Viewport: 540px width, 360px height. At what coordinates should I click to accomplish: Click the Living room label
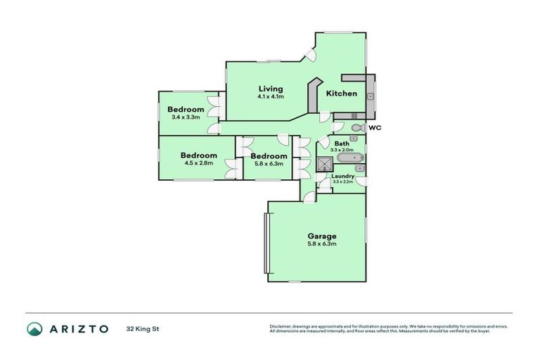coord(270,89)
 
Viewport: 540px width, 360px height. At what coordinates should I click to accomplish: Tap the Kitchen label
coord(341,94)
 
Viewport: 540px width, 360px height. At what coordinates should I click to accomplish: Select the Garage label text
coord(322,236)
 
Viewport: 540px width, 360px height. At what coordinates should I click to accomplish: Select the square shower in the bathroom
coord(324,165)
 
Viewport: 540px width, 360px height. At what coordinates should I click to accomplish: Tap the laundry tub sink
coord(359,169)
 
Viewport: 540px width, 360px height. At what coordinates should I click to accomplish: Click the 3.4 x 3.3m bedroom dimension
coord(186,117)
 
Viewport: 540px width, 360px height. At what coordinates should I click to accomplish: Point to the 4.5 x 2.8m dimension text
coord(198,163)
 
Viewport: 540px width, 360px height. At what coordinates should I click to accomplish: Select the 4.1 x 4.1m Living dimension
coord(270,97)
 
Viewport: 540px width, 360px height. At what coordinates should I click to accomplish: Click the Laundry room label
coord(342,176)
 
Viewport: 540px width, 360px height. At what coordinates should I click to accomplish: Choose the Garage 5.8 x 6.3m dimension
coord(322,244)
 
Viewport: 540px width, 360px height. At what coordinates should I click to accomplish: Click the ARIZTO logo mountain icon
coord(34,328)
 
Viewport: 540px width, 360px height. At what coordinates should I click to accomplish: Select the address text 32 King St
coord(141,328)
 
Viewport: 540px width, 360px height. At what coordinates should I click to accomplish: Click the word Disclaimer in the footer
coord(281,326)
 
